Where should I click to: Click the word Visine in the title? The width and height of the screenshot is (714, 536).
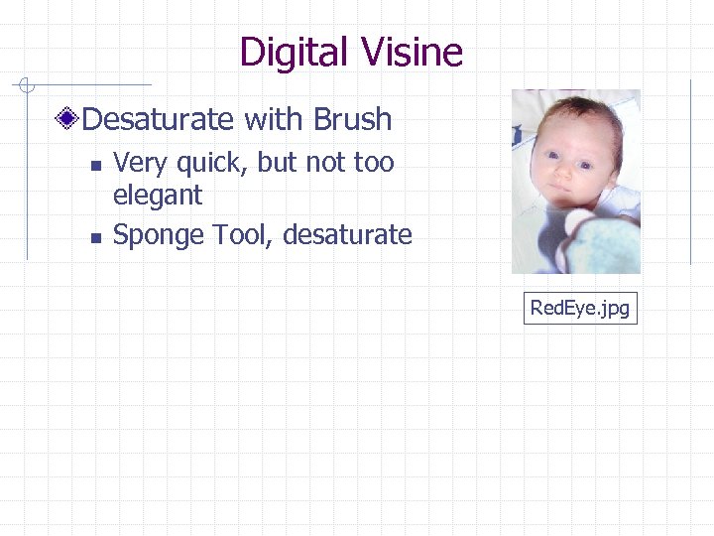(x=407, y=52)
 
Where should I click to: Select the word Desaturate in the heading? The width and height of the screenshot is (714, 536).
(x=159, y=119)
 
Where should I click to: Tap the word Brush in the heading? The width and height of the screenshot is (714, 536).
(x=352, y=119)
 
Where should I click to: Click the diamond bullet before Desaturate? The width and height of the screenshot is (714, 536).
(x=67, y=120)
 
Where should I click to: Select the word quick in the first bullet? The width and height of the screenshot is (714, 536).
(x=206, y=162)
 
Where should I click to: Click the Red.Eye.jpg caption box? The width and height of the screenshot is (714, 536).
(x=579, y=308)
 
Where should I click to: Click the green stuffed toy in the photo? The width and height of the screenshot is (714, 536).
(x=605, y=243)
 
